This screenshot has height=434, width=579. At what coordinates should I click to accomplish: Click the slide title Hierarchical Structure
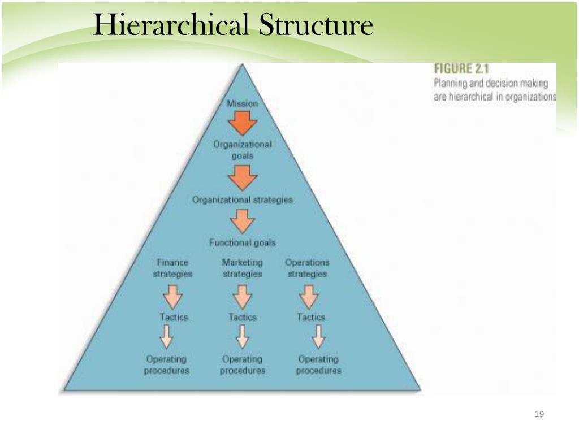pyautogui.click(x=233, y=25)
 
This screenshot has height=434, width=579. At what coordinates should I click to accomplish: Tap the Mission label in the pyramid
pyautogui.click(x=242, y=103)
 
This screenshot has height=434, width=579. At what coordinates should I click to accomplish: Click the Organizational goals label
pyautogui.click(x=242, y=150)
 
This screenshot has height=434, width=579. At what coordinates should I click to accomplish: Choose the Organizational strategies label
pyautogui.click(x=242, y=200)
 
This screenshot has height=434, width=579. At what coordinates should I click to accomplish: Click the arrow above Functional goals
pyautogui.click(x=242, y=222)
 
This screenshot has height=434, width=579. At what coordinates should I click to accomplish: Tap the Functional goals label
pyautogui.click(x=242, y=242)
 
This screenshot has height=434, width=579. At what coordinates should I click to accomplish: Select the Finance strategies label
pyautogui.click(x=172, y=268)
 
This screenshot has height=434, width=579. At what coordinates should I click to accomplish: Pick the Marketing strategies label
pyautogui.click(x=242, y=268)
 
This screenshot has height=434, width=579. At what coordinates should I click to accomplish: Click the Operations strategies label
pyautogui.click(x=307, y=268)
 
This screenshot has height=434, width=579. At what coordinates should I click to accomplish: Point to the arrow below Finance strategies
pyautogui.click(x=172, y=296)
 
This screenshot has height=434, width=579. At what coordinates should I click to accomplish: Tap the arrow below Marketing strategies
pyautogui.click(x=242, y=296)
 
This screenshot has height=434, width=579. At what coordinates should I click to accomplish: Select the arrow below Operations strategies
pyautogui.click(x=309, y=296)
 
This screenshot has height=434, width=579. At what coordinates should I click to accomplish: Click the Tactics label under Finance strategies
pyautogui.click(x=174, y=317)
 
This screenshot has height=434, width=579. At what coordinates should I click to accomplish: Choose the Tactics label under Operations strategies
pyautogui.click(x=311, y=317)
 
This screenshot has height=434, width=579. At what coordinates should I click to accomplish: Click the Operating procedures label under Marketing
pyautogui.click(x=242, y=365)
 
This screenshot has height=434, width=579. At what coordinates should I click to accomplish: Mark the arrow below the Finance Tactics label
pyautogui.click(x=166, y=337)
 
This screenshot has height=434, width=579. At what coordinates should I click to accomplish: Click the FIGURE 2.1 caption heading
pyautogui.click(x=460, y=70)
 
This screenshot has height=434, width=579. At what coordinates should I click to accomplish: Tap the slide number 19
pyautogui.click(x=538, y=415)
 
